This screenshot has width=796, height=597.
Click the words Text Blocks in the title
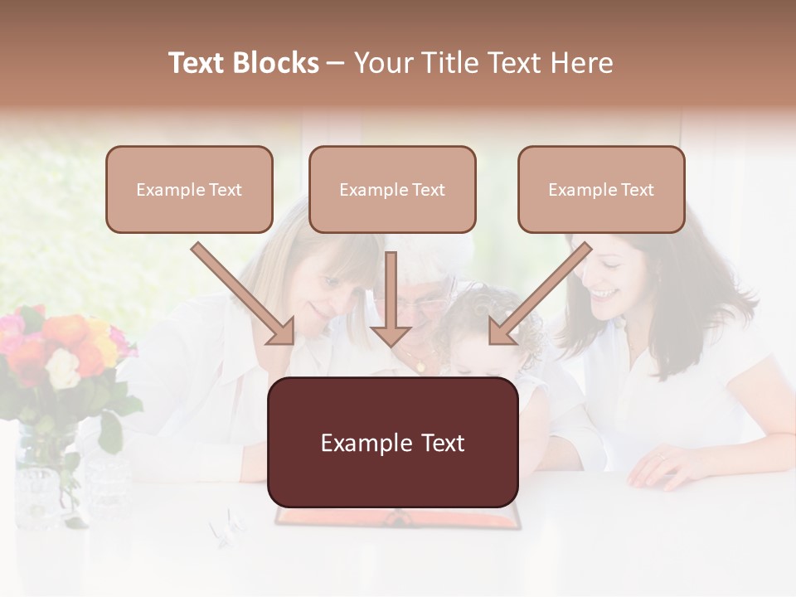[244, 63]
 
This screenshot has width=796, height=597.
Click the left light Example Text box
[189, 189]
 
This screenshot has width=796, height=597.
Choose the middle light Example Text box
[392, 189]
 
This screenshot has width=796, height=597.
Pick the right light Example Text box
[601, 189]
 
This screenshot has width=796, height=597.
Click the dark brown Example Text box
[392, 443]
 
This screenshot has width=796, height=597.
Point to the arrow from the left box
[245, 294]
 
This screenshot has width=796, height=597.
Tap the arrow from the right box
[539, 294]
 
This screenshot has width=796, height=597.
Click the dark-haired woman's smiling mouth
[603, 294]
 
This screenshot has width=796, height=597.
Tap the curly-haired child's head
[481, 315]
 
